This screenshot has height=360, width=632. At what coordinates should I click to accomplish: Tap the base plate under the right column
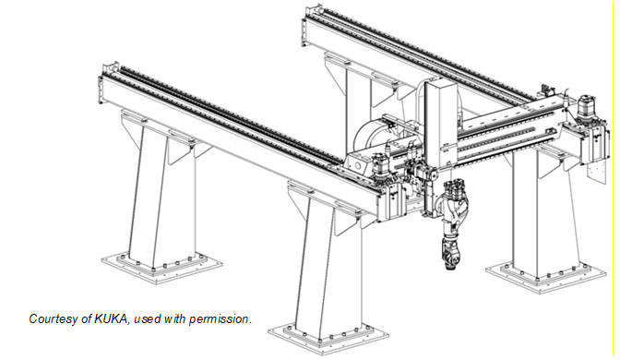pos(545,276)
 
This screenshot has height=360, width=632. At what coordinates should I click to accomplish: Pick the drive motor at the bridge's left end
pos(380,166)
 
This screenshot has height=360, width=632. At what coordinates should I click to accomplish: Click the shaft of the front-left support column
pos(161,194)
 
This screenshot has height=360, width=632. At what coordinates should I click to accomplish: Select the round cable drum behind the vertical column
pos(370,137)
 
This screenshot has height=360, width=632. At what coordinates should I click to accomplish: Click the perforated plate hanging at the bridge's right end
pos(595,170)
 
